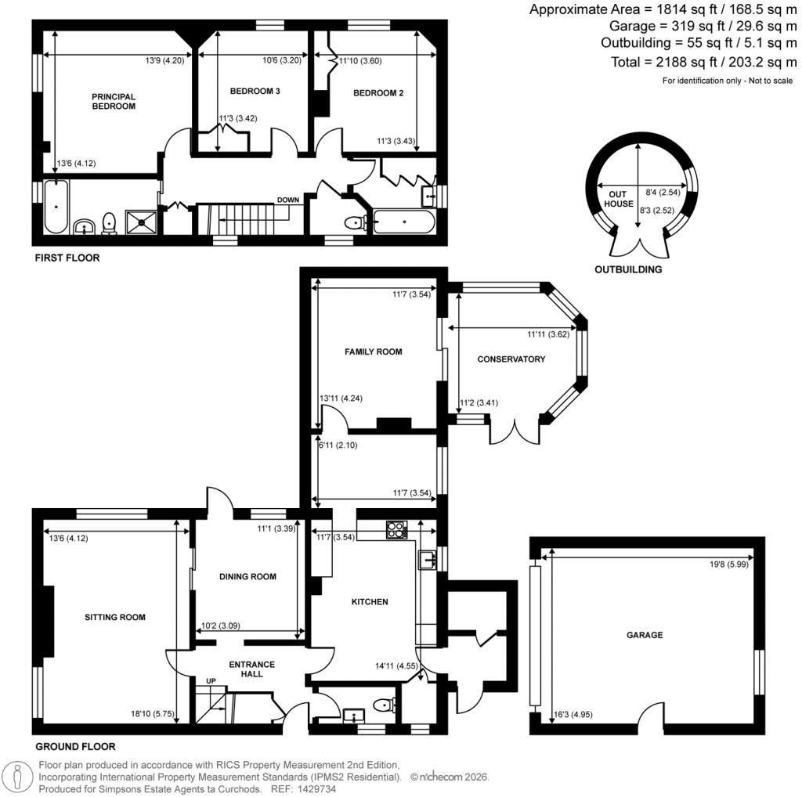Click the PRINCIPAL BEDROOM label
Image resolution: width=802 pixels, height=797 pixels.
point(114,101)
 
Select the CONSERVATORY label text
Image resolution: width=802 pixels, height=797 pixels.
point(511,359)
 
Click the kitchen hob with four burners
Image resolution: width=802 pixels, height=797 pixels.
point(397,530)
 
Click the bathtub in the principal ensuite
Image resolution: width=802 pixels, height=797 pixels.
point(56,207)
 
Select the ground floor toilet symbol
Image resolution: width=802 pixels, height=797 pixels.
point(383,706)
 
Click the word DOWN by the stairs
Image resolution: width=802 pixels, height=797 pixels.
point(287,200)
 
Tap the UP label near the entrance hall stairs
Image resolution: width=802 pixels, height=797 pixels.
point(211,681)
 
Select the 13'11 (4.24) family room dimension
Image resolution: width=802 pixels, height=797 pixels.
point(340,398)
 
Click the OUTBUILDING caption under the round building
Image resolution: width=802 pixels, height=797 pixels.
point(628,269)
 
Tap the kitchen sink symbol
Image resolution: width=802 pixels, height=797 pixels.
point(427,559)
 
